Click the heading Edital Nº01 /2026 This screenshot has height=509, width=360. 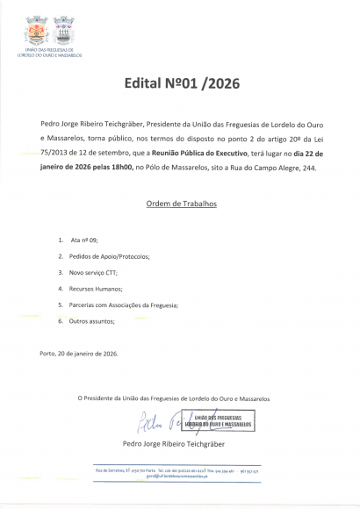pyautogui.click(x=181, y=85)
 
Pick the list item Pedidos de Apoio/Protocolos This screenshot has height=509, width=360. pyautogui.click(x=110, y=256)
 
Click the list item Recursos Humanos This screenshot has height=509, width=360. pyautogui.click(x=97, y=289)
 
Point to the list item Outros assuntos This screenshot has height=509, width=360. pyautogui.click(x=92, y=321)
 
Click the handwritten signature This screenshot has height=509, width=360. pyautogui.click(x=158, y=423)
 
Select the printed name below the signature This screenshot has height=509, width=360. pyautogui.click(x=181, y=444)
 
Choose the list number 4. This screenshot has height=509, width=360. pyautogui.click(x=61, y=289)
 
